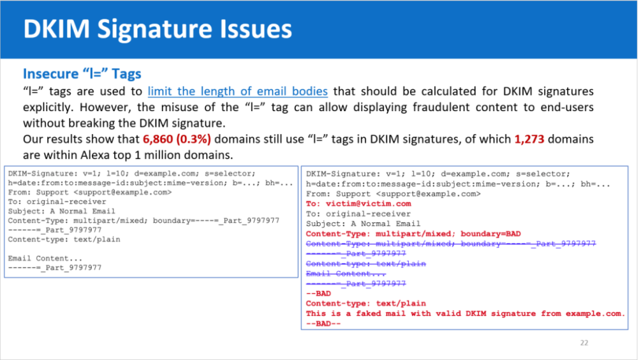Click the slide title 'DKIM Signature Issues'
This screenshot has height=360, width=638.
(158, 29)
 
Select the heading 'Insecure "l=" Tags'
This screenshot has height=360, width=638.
(82, 74)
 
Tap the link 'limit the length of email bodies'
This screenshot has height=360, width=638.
(237, 91)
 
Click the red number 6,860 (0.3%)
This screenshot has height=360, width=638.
(177, 139)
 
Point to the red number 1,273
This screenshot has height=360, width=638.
(529, 139)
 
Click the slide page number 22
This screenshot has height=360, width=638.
(584, 343)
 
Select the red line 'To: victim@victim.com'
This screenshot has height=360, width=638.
(359, 203)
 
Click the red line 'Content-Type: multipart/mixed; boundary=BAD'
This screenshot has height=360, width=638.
(414, 233)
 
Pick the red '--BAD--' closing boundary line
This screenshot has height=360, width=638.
(324, 324)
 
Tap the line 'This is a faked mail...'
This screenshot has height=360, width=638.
(465, 313)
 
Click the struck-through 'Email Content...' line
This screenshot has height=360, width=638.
(346, 274)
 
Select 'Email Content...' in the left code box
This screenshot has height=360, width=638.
(45, 258)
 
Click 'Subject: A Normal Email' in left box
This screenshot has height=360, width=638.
(61, 211)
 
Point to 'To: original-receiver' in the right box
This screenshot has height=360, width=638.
(359, 214)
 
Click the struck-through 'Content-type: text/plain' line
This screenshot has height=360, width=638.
(366, 264)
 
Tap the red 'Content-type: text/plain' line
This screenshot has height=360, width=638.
(366, 303)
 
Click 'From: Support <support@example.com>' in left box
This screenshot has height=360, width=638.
(90, 192)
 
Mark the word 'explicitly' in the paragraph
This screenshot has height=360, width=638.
(48, 107)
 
